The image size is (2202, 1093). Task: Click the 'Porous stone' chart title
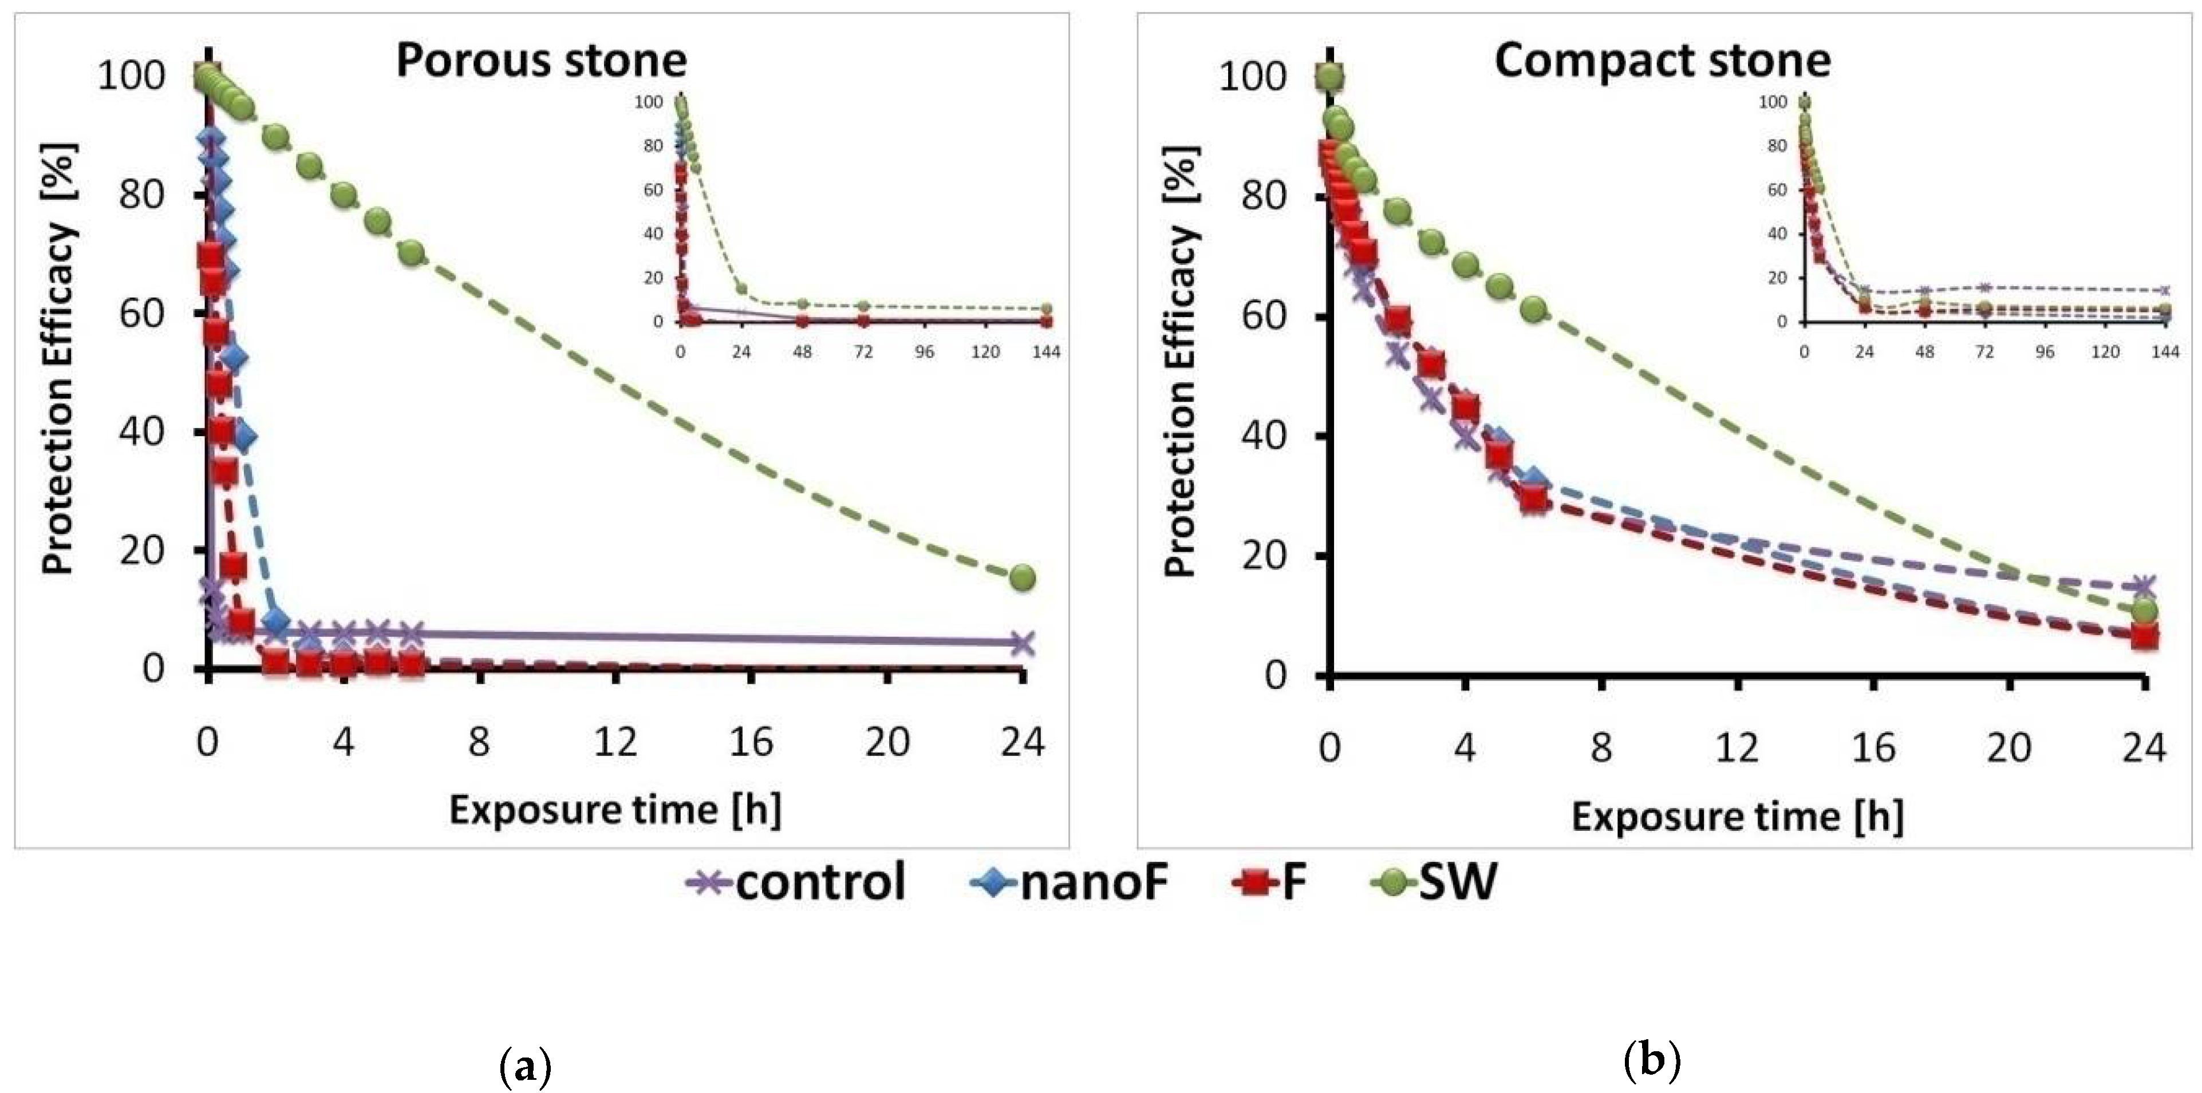click(541, 61)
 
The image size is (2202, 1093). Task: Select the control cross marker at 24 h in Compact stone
click(2143, 586)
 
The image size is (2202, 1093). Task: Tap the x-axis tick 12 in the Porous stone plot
click(615, 743)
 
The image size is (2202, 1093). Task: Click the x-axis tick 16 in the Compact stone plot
click(1873, 749)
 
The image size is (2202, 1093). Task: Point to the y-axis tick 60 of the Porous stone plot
click(142, 313)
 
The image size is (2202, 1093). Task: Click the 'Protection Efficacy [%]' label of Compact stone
click(1182, 361)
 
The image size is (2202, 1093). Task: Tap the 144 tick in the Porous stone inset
click(1046, 352)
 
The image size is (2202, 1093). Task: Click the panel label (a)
click(525, 1067)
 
